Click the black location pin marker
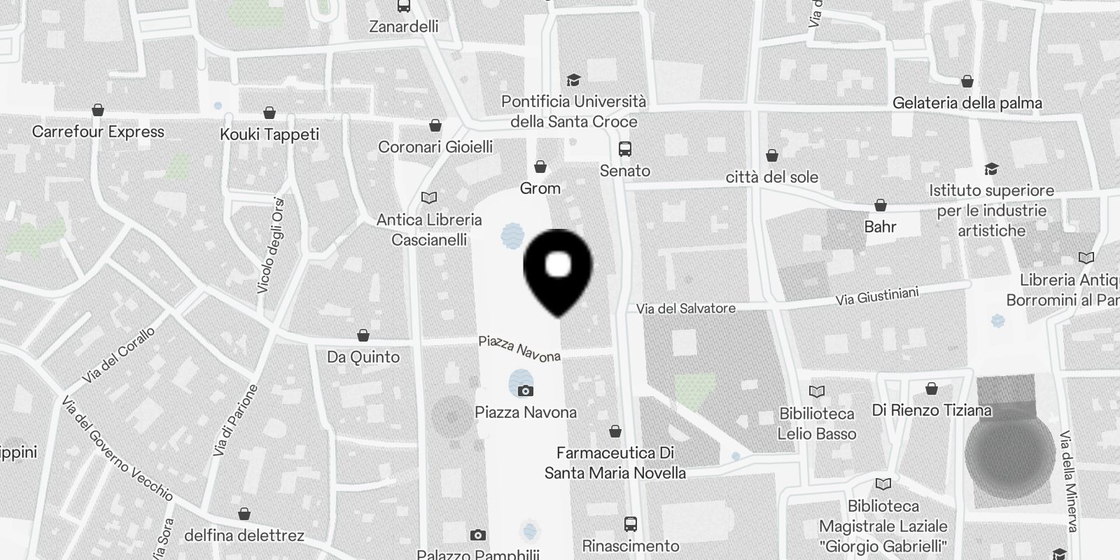point(558,269)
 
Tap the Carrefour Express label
point(98,132)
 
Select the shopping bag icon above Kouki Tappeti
point(269,113)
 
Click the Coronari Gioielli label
point(435,147)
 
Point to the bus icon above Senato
point(625,149)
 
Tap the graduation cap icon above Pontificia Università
point(573,80)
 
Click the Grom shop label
point(540,188)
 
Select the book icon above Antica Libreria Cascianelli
point(429,198)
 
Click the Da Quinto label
point(363,357)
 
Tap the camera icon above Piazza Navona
point(525,391)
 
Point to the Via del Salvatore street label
point(685,308)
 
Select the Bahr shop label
point(880,227)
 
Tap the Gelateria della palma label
point(967,104)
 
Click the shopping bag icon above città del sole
point(772,155)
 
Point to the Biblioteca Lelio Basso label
point(817,423)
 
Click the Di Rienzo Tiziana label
point(931,410)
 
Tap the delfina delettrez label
point(244,535)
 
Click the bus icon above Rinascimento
point(630,524)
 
